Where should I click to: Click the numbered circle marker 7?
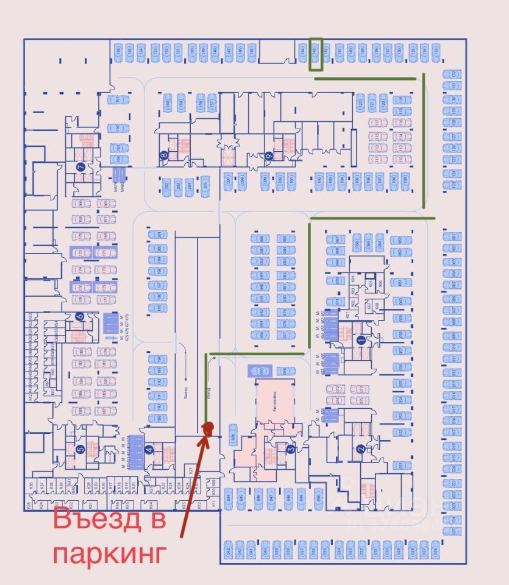80,166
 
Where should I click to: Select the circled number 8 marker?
163,155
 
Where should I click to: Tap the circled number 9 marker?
268,155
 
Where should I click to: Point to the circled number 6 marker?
79,316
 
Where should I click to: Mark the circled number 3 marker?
291,450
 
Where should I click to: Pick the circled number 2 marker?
360,450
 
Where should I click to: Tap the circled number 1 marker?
360,340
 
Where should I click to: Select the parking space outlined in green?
315,54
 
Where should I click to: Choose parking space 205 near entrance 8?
205,186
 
